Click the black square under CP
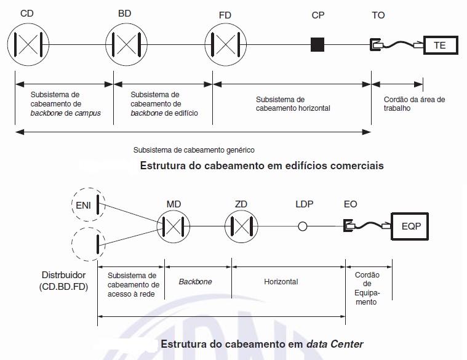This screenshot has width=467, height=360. [317, 45]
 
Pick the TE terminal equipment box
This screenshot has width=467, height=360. [440, 45]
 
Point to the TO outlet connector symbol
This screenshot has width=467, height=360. [375, 45]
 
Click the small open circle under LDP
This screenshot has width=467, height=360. [303, 227]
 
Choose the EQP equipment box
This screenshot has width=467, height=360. [410, 226]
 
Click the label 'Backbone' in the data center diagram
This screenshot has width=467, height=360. [195, 281]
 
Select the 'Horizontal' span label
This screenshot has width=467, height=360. [281, 281]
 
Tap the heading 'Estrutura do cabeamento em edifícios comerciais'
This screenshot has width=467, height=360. [262, 166]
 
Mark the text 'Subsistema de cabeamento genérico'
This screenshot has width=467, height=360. [194, 150]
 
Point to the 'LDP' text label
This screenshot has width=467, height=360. [304, 203]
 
